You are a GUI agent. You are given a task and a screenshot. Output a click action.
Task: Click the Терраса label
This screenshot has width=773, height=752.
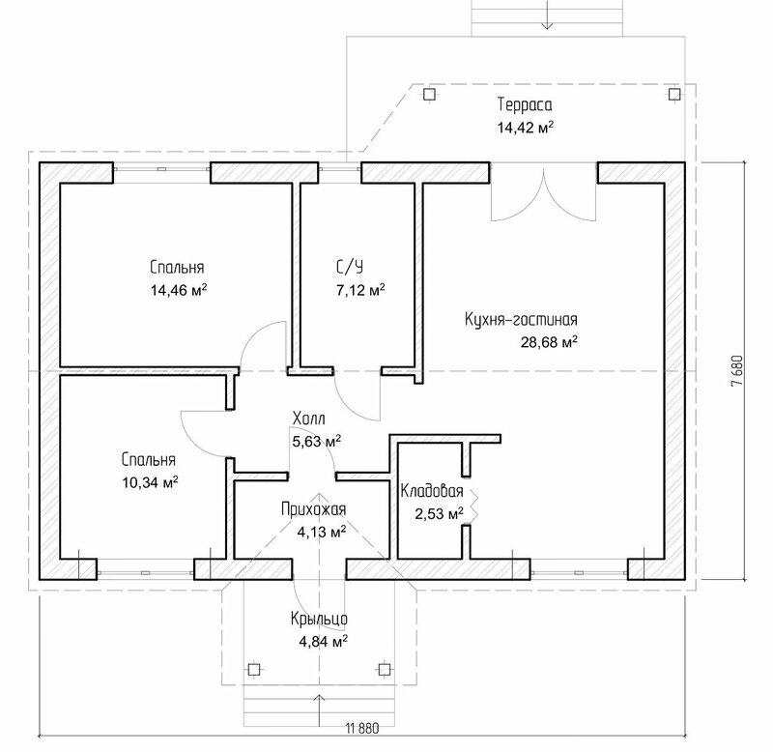[x=525, y=105]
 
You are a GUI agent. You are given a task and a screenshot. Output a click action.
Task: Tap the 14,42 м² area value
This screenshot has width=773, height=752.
[x=525, y=127]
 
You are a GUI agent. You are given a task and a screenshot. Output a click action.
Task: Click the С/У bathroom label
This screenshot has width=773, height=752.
[x=349, y=267]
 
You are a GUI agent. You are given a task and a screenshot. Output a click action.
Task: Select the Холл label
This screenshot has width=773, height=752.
[x=309, y=419]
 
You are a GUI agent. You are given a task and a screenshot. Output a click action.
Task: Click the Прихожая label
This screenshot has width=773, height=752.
[x=313, y=509]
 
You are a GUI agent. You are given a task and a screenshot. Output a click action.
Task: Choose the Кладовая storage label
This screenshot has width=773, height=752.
[x=432, y=491]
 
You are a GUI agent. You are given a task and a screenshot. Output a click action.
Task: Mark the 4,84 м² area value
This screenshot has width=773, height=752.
[x=323, y=641]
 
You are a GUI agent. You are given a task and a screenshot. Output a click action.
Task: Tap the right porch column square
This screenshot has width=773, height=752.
[x=384, y=669]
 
